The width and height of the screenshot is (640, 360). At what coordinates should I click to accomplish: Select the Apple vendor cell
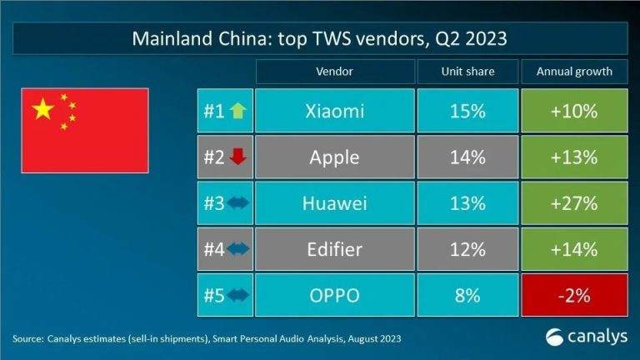pyautogui.click(x=334, y=157)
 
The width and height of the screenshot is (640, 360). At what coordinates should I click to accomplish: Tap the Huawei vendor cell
pyautogui.click(x=334, y=202)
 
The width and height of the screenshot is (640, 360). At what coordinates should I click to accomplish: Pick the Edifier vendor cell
pyautogui.click(x=334, y=248)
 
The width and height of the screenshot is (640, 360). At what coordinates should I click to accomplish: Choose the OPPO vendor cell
pyautogui.click(x=334, y=294)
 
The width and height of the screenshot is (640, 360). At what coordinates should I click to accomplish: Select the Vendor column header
pyautogui.click(x=334, y=72)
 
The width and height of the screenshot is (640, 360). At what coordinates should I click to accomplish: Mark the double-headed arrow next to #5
pyautogui.click(x=237, y=294)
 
